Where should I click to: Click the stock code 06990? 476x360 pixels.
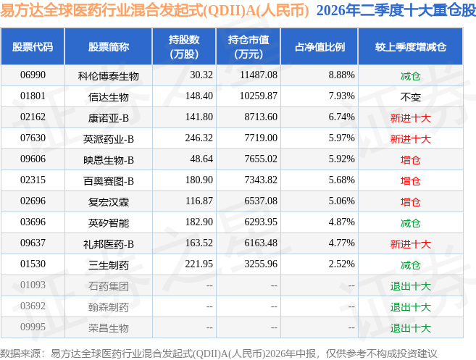[x=33, y=75]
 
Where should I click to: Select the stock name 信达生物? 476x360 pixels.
[x=109, y=97]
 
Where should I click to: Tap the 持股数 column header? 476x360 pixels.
[x=184, y=47]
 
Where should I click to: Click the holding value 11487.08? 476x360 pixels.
[x=259, y=75]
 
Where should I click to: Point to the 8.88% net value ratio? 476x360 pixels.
[x=341, y=75]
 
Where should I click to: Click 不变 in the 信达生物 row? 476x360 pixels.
[x=410, y=97]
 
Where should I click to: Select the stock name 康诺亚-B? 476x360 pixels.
[x=109, y=118]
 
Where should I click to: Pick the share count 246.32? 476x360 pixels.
[x=199, y=138]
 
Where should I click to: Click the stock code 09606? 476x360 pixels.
[x=33, y=159]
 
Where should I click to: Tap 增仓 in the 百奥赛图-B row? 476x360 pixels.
[x=410, y=181]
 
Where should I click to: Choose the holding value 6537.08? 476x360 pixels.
[x=261, y=201]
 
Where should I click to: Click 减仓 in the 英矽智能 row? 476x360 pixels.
[x=410, y=223]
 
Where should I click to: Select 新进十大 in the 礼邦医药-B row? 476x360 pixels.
[x=410, y=244]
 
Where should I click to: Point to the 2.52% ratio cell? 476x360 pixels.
[x=341, y=264]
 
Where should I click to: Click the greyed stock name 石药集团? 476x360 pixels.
[x=109, y=286]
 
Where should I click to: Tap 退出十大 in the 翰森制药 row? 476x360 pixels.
[x=410, y=307]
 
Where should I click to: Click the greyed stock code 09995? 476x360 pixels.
[x=33, y=327]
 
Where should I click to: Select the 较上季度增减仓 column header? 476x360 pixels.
[x=410, y=47]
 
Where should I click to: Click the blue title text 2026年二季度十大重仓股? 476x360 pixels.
[x=396, y=10]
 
